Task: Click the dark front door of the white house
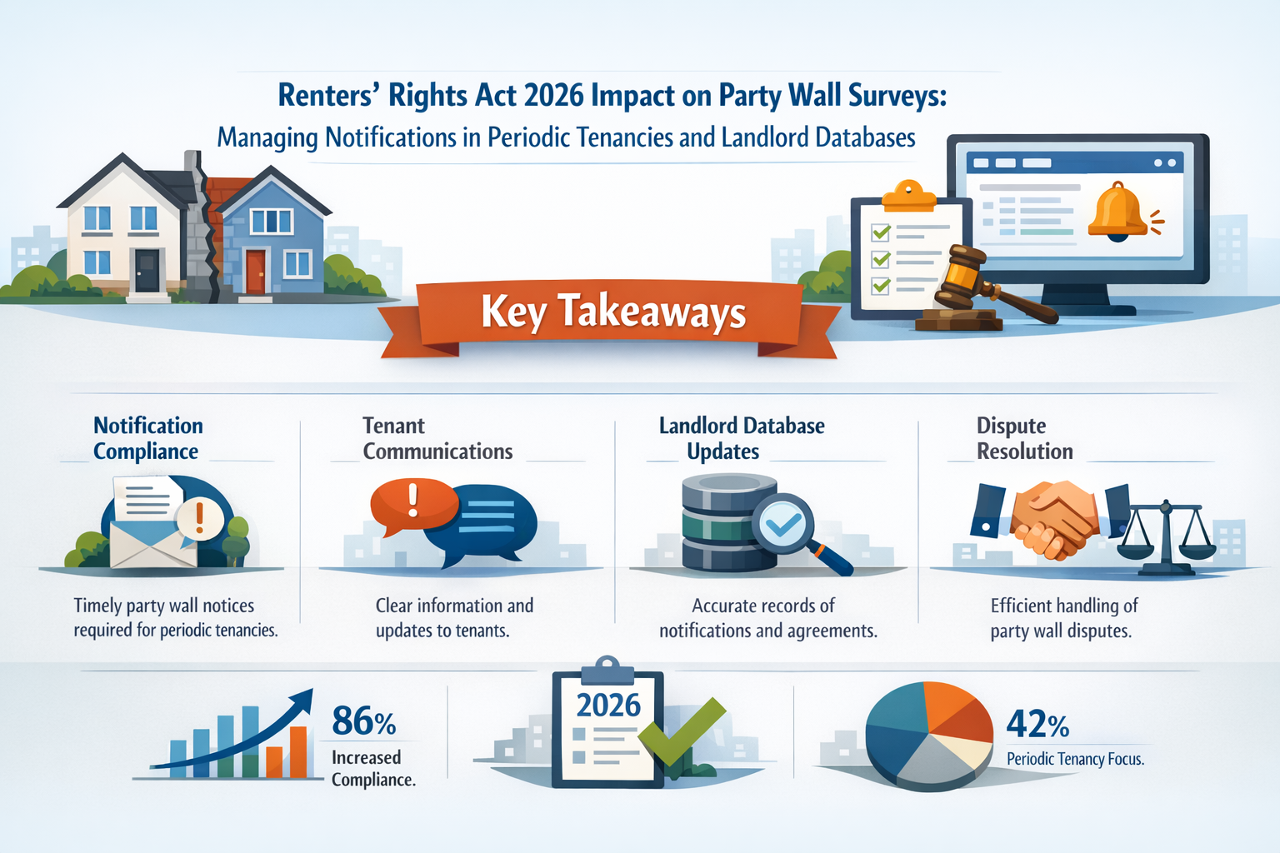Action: point(147,269)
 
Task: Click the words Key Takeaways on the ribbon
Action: point(613,312)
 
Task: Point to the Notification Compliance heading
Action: point(147,438)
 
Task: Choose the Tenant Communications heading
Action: point(437,438)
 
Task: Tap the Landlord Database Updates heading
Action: point(741,438)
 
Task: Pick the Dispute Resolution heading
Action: point(1024,438)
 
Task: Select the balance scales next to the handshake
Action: point(1165,537)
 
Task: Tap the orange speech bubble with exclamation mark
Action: point(413,505)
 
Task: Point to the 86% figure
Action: point(363,721)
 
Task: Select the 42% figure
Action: point(1037,724)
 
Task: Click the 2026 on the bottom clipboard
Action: point(608,706)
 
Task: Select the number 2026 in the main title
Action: point(553,96)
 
